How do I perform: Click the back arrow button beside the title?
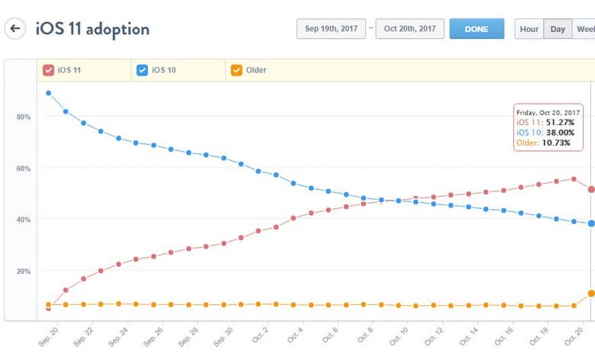tap(15, 29)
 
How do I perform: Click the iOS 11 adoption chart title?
tap(92, 29)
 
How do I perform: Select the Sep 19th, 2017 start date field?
tap(331, 29)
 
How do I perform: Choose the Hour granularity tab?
tap(529, 29)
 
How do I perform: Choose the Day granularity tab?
tap(558, 29)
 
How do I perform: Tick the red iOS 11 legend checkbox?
tap(49, 70)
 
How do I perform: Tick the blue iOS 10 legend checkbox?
tap(142, 70)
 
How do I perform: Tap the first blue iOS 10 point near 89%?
tap(49, 93)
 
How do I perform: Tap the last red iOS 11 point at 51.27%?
tap(591, 189)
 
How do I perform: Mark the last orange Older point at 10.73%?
tap(591, 294)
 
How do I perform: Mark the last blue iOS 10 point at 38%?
tap(591, 223)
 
